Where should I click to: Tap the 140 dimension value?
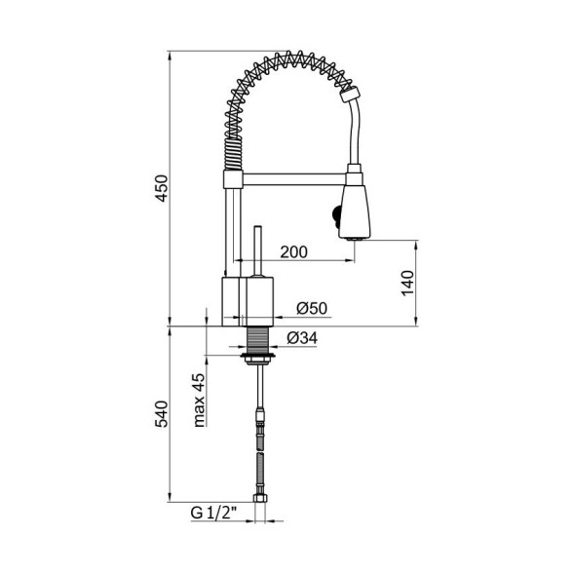point(408,283)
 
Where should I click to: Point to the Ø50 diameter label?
point(311,308)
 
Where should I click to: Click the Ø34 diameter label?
point(303,338)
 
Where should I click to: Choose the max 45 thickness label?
point(198,400)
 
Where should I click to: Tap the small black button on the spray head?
point(336,213)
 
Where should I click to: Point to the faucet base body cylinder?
point(249,300)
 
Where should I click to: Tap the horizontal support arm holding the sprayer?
point(292,179)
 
